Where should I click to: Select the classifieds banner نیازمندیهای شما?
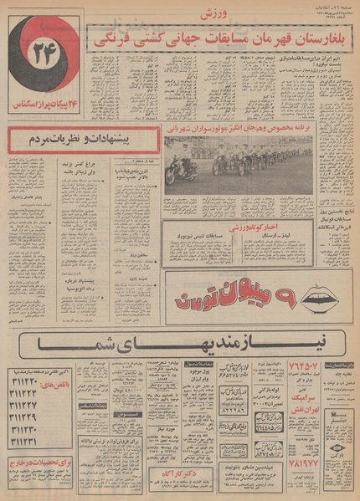click(177, 344)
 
